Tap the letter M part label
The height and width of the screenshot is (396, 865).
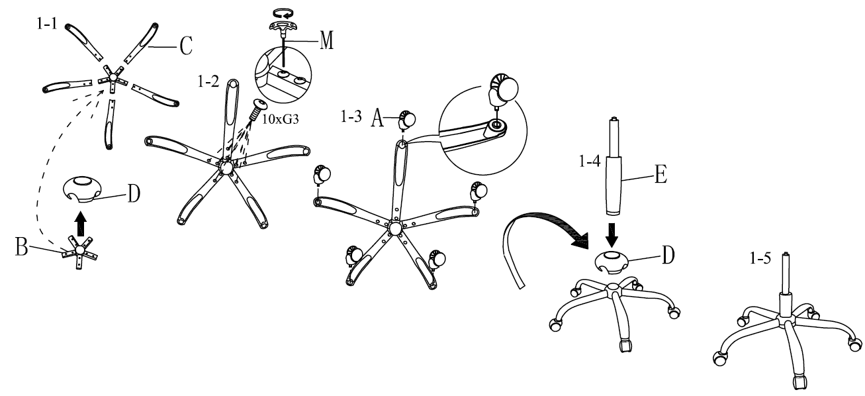click(x=325, y=41)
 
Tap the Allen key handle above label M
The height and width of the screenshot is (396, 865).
click(x=283, y=26)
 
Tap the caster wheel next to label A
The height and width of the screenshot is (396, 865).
click(x=405, y=121)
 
